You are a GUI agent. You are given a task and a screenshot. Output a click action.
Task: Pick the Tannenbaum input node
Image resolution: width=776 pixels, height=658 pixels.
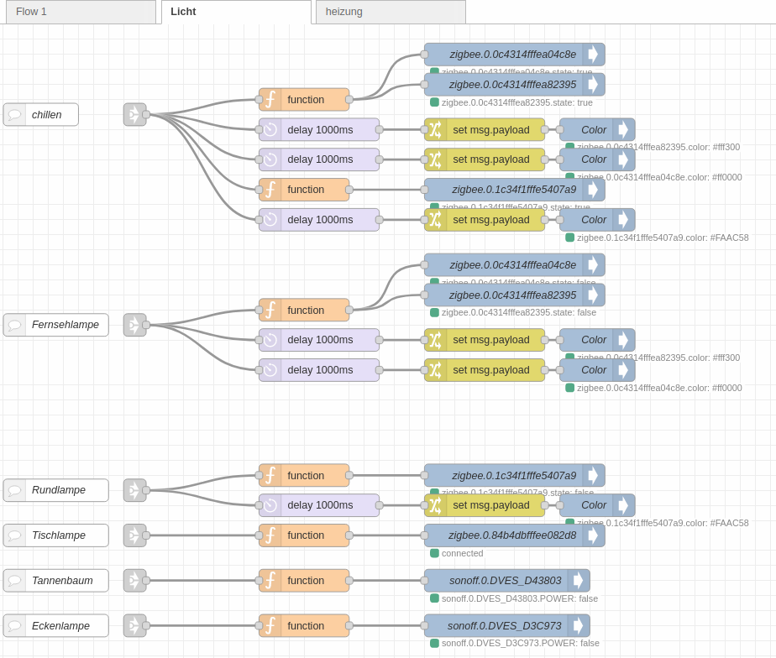(x=56, y=581)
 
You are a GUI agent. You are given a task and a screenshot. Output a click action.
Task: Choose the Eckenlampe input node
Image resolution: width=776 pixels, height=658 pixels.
(x=56, y=626)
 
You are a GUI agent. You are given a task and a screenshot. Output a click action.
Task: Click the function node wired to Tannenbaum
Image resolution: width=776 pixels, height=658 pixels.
(x=304, y=581)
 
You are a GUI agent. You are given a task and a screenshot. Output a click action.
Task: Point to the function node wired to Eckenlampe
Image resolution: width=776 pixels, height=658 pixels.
(x=304, y=626)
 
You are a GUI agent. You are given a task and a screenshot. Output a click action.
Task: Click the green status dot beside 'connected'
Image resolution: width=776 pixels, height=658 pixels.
(x=434, y=553)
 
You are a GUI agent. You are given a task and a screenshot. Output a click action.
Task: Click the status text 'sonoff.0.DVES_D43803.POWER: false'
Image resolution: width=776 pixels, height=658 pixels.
(x=519, y=598)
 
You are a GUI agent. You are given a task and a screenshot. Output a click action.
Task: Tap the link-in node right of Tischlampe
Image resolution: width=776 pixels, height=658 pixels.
(x=134, y=535)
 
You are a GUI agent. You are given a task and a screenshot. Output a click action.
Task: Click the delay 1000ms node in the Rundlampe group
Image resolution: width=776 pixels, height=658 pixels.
(x=319, y=505)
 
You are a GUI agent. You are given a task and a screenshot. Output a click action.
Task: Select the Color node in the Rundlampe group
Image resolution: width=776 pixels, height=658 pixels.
(x=595, y=505)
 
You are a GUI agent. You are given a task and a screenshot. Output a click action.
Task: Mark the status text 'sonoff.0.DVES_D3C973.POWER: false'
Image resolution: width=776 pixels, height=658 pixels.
(x=520, y=643)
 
